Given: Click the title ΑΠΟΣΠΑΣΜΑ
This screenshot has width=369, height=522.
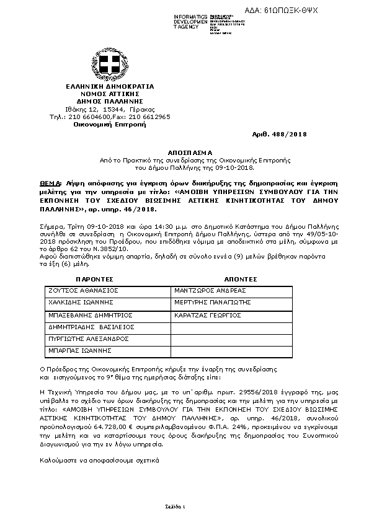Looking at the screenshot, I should click(x=190, y=152).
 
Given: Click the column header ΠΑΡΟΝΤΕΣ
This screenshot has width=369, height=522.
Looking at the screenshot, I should click(x=94, y=280).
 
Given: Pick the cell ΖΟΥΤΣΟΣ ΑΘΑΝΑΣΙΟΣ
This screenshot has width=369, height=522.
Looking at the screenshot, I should click(x=83, y=290).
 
